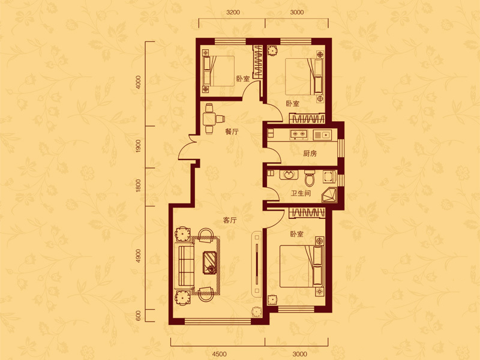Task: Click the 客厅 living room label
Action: pos(230,220)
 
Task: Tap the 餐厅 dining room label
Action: pos(232,132)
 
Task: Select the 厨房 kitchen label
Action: pos(310,154)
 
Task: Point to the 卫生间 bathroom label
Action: pos(301,193)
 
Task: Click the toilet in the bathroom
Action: pos(310,178)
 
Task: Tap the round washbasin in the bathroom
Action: pos(288,175)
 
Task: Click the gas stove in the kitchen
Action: pos(298,134)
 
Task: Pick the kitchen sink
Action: pos(322,134)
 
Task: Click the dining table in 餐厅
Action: pos(209,118)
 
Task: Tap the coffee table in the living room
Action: pos(211,262)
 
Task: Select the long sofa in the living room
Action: pos(184,265)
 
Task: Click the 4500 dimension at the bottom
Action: pos(219,354)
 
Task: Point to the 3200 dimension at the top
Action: pos(233,12)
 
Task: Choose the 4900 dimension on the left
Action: pos(139,256)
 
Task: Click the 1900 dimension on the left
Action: pos(139,146)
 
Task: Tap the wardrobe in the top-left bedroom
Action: pos(257,62)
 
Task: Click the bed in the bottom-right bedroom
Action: pos(302,266)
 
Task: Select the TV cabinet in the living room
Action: pos(257,263)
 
